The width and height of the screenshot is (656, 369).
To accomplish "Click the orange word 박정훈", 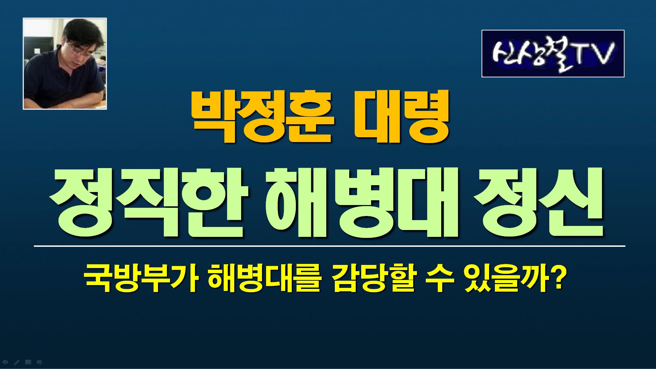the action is (x=262, y=117).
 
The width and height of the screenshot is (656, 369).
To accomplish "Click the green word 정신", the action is (x=538, y=202).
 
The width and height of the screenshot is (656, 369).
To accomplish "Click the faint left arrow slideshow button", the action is (x=5, y=362).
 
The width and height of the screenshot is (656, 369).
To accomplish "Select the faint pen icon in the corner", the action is (x=16, y=362).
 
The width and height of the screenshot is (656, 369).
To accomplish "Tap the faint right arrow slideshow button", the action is (x=39, y=362).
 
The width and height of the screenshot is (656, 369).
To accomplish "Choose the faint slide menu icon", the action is (x=28, y=362).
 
